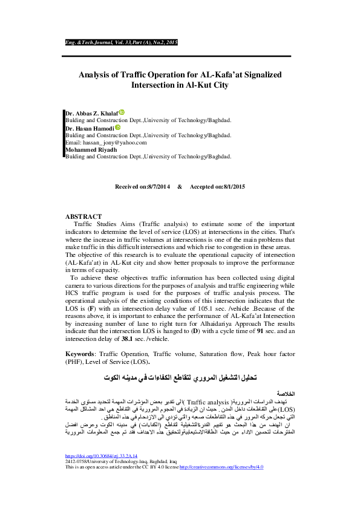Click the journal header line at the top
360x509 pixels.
121,43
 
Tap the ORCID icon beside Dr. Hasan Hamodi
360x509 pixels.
117,128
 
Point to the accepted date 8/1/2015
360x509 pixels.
232,186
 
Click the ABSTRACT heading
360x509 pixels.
83,216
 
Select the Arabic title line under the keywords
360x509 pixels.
180,377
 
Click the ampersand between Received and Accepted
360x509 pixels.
180,186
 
